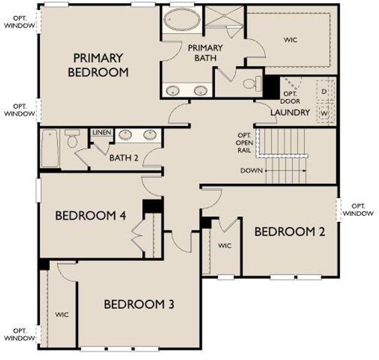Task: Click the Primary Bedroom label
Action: tap(101, 65)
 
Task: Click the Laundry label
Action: tap(290, 112)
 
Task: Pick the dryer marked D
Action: tap(324, 91)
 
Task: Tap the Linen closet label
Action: tap(101, 132)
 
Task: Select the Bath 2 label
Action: tap(124, 158)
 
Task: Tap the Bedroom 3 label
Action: tap(139, 304)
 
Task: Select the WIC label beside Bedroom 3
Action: tap(62, 314)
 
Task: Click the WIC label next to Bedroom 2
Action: tap(224, 245)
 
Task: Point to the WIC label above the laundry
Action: tap(290, 40)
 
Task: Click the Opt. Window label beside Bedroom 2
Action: tap(359, 209)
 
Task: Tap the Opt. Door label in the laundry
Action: tap(290, 97)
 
